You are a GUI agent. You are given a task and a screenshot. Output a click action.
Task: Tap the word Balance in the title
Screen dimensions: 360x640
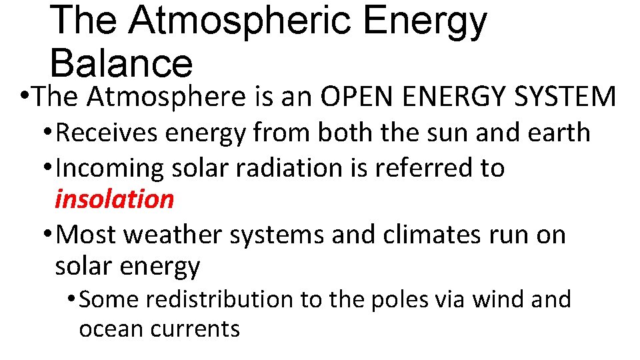(x=121, y=64)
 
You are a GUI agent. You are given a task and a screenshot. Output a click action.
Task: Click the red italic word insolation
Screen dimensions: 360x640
(x=114, y=199)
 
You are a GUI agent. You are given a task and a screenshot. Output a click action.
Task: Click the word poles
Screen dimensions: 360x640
(x=396, y=300)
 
